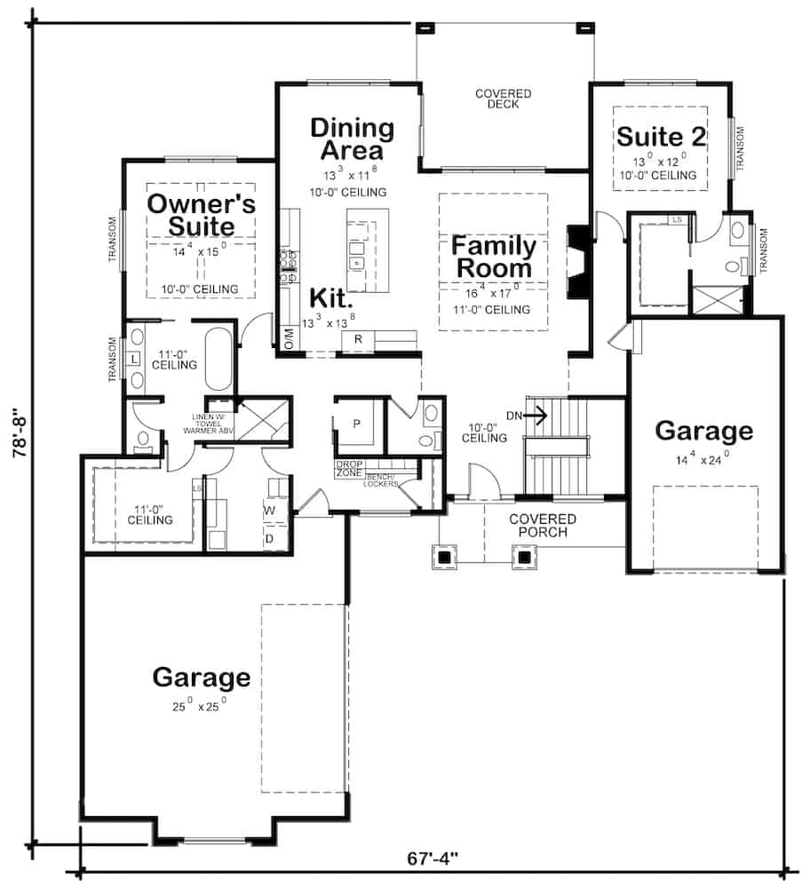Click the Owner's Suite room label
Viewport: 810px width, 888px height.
[201, 214]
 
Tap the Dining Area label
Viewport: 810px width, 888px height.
[352, 139]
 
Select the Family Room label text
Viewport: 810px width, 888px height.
[494, 256]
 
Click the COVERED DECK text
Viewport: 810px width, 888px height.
[503, 99]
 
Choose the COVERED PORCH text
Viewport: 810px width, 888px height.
[542, 525]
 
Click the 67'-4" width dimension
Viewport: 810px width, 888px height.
[433, 860]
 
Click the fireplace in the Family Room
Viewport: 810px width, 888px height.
[577, 263]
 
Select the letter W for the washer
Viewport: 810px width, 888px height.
[269, 511]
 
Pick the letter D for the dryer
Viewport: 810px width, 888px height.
[269, 538]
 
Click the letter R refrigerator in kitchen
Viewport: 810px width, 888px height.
[357, 339]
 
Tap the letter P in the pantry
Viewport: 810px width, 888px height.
[356, 424]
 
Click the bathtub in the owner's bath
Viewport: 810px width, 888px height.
[218, 360]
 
